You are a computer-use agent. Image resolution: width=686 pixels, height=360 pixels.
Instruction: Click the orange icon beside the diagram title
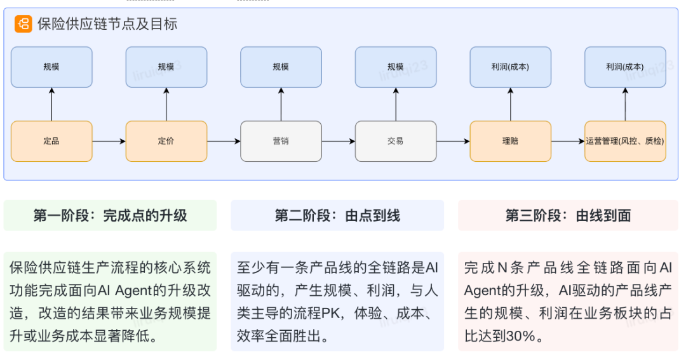24,24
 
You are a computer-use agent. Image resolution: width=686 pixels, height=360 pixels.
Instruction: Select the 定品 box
51,141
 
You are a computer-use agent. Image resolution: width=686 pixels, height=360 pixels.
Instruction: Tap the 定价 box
166,141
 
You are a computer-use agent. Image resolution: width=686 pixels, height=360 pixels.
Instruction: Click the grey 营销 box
281,141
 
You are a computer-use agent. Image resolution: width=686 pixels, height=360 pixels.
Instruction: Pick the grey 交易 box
396,141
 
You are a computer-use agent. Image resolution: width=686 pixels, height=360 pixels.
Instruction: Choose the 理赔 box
510,141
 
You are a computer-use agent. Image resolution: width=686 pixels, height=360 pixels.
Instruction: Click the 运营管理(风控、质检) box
625,141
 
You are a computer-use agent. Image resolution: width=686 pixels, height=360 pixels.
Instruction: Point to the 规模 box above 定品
51,67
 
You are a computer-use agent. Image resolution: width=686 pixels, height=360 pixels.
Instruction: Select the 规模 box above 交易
396,67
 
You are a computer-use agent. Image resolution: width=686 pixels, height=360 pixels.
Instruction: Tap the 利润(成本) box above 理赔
510,67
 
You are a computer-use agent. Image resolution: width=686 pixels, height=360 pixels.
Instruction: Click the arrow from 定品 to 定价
109,141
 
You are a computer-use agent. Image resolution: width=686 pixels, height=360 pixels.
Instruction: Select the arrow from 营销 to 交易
338,141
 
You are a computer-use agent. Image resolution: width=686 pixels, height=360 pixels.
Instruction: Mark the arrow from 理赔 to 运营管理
567,141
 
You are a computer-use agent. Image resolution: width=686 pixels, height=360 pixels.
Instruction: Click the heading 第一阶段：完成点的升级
110,216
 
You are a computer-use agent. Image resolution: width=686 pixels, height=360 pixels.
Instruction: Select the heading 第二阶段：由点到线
337,216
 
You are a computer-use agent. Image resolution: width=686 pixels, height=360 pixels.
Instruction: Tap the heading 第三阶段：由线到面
568,216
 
